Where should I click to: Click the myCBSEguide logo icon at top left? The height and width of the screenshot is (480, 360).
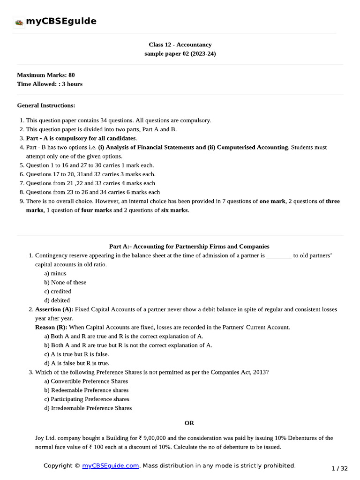[19, 22]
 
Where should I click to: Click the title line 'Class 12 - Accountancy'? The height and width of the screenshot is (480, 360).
[180, 45]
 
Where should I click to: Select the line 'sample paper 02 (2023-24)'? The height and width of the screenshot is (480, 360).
[180, 54]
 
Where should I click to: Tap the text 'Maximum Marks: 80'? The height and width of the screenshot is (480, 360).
[45, 75]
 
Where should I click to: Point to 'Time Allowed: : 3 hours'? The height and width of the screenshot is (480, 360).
[49, 84]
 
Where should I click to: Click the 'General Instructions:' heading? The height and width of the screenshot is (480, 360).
[46, 105]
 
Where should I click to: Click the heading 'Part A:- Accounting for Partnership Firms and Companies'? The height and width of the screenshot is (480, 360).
[189, 246]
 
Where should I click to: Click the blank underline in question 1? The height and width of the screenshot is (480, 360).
[279, 256]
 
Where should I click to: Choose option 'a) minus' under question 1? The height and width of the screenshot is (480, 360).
[55, 273]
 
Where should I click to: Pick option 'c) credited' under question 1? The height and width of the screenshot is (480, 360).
[58, 291]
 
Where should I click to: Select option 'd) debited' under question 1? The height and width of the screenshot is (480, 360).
[57, 300]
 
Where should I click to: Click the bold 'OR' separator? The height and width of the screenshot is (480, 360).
[189, 423]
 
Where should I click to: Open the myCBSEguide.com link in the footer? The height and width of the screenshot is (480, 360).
[111, 465]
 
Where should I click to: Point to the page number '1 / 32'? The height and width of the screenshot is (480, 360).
[339, 468]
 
